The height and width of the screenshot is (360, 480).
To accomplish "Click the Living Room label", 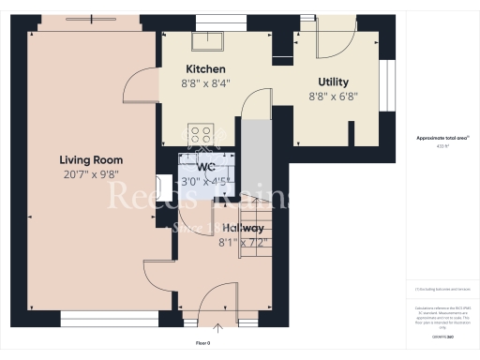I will pos(92,160).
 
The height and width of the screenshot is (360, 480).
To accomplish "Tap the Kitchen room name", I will pos(204,69).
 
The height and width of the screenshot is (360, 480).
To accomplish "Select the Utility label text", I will pos(333,82).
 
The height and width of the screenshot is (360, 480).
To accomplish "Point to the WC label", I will pos(206,168).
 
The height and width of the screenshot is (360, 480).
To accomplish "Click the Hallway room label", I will pos(242,229).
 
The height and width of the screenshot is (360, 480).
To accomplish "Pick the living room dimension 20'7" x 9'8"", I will pos(92,174).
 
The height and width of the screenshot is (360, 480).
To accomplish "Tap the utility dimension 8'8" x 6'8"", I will pos(333,97).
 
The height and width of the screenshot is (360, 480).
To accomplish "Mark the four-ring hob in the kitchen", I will pos(201,133).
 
